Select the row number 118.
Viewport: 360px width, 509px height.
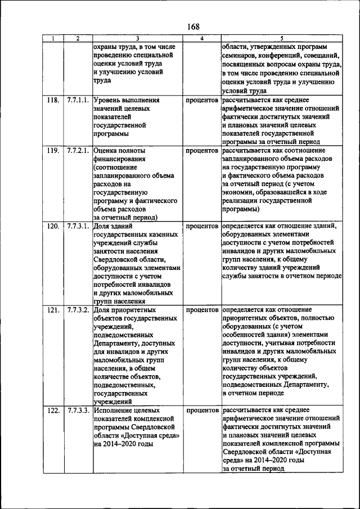coord(53,100)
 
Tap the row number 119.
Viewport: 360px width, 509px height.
coord(53,151)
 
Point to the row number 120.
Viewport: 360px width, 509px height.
coord(53,226)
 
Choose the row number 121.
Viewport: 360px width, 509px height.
coord(53,310)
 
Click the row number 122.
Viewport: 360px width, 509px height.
coord(53,411)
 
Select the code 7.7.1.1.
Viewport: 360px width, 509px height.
coord(78,100)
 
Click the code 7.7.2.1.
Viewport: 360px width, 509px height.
coord(78,151)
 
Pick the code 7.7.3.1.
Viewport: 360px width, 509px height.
coord(78,226)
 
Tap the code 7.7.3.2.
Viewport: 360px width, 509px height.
coord(78,310)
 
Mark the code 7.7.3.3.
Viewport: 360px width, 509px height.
coord(78,411)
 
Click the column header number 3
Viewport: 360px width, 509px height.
coord(137,38)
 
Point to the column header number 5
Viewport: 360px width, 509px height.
coord(281,38)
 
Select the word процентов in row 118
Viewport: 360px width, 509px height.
coord(202,100)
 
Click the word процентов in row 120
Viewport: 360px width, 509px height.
coord(202,226)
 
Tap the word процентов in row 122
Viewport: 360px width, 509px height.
coord(202,411)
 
